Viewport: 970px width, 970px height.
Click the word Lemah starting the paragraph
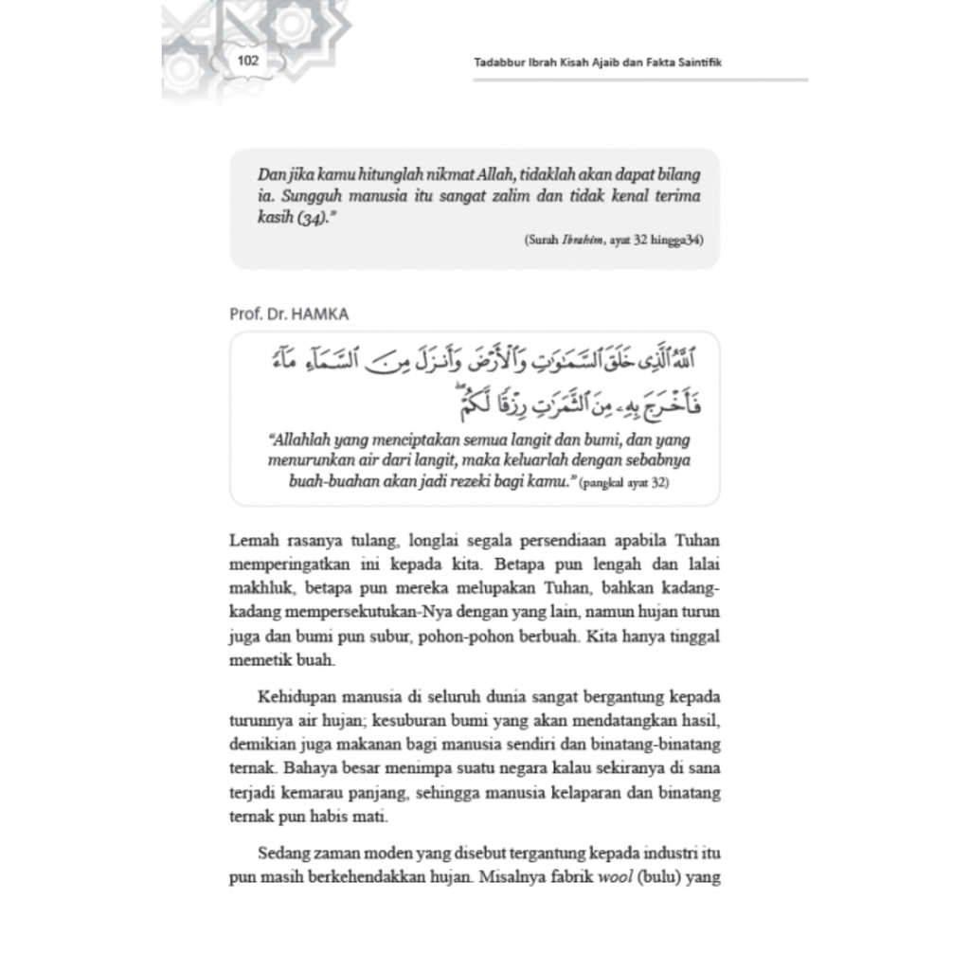[251, 541]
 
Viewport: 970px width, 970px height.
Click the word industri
[650, 854]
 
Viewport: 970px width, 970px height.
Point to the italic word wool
[614, 877]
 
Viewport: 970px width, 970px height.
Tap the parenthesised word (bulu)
[658, 877]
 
